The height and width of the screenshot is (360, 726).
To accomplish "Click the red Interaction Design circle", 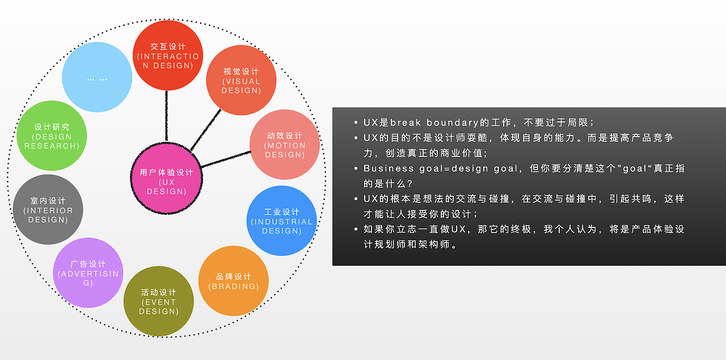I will [x=168, y=55].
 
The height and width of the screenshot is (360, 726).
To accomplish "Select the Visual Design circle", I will [x=241, y=80].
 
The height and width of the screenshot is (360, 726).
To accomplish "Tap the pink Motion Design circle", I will [x=285, y=145].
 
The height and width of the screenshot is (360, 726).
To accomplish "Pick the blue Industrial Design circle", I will [x=282, y=221].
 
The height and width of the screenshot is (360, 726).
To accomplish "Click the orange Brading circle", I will [x=233, y=281].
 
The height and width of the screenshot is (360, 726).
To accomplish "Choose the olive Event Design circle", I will [x=158, y=301].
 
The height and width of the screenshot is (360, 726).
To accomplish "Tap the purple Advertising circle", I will [x=88, y=273].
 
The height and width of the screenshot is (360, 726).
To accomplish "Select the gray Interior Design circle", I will [x=48, y=209].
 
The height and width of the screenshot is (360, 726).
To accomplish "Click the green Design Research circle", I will [x=52, y=136].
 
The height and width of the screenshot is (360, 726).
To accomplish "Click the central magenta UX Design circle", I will [x=167, y=180].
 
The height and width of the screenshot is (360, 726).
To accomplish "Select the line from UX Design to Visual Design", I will [x=205, y=130].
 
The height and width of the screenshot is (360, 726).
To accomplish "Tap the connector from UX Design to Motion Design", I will [x=226, y=159].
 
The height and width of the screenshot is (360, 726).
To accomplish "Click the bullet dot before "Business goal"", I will [x=356, y=168].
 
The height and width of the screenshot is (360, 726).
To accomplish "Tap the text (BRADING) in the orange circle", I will [x=234, y=286].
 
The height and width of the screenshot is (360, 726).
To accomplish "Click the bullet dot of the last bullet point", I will [x=356, y=230].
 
